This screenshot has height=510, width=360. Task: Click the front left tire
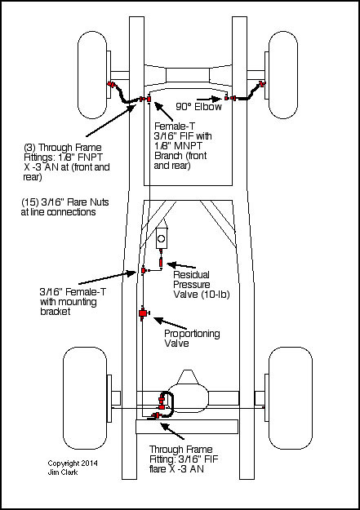pos(93,75)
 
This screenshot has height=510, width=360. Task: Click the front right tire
pos(283,75)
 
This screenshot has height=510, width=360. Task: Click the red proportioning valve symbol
pos(143,313)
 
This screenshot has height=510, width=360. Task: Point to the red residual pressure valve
pos(161,261)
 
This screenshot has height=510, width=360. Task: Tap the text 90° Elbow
pos(198,107)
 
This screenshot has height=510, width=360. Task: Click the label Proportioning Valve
pos(192,339)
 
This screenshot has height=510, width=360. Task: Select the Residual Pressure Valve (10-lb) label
pos(201,285)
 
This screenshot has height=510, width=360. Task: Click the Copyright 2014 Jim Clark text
pos(73,468)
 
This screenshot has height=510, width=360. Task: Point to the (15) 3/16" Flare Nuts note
pos(64,207)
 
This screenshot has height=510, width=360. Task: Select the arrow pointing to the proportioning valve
pos(170,324)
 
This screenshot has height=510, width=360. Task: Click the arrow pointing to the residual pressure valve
pos(181,264)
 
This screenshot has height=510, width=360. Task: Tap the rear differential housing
pos(188,394)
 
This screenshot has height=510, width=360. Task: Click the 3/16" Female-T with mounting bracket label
pos(73,301)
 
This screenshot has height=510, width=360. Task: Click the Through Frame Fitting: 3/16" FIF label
pos(184,459)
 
